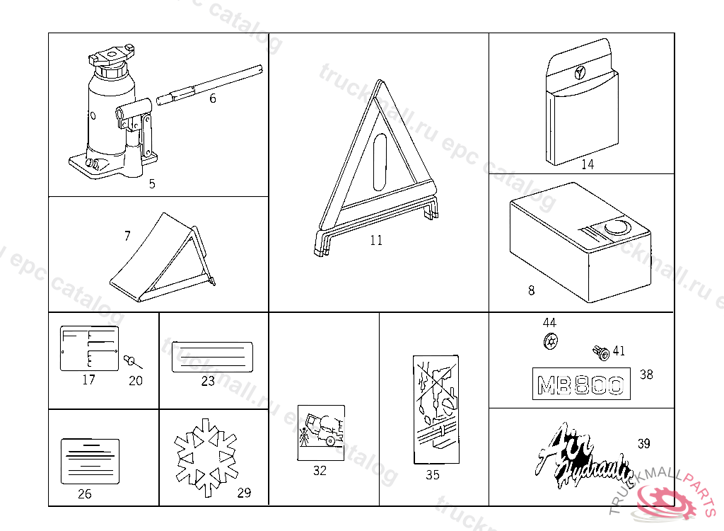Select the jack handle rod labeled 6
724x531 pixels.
(x=212, y=82)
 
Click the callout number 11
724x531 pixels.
(x=376, y=241)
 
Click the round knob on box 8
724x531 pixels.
(x=617, y=228)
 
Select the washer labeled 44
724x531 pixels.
(x=549, y=342)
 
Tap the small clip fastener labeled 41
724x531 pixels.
(x=601, y=351)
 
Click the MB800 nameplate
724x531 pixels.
(x=580, y=384)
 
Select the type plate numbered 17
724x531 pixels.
(x=88, y=348)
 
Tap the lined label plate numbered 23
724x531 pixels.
(x=212, y=356)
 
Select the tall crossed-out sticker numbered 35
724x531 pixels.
(x=435, y=409)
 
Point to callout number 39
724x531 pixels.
(x=643, y=444)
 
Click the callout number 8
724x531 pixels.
(x=532, y=290)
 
